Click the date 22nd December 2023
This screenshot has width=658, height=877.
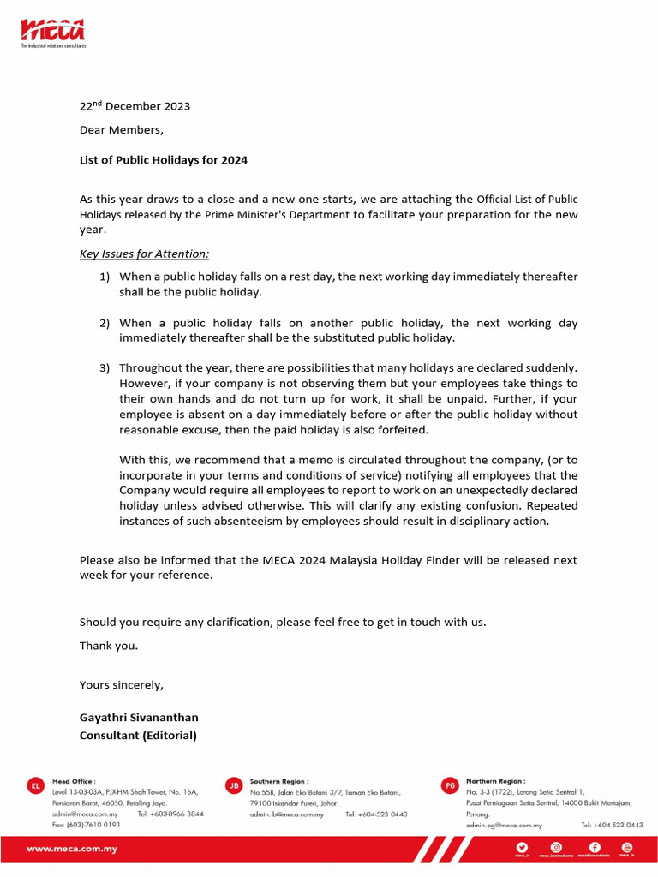tap(135, 106)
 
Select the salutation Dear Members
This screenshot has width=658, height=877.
tap(121, 130)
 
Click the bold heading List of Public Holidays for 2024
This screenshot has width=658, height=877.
tap(164, 160)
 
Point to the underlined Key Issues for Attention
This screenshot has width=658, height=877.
tap(144, 254)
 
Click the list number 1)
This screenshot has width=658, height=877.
tap(105, 277)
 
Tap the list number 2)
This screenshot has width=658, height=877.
tap(105, 323)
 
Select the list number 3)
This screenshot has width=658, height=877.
tap(105, 368)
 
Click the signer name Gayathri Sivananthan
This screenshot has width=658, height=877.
tap(139, 717)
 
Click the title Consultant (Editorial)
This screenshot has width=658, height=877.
tap(138, 735)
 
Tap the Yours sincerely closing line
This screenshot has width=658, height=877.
tap(121, 685)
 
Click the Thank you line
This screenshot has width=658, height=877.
tap(108, 646)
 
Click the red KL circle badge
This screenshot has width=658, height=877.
tap(35, 785)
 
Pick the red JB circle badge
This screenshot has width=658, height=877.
tap(233, 785)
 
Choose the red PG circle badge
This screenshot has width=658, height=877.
tap(450, 785)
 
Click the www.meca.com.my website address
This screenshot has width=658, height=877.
tap(72, 850)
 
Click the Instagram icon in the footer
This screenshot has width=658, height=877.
tap(556, 847)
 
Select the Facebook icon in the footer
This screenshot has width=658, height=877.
tap(595, 847)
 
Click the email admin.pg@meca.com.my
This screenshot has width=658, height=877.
tap(504, 825)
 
